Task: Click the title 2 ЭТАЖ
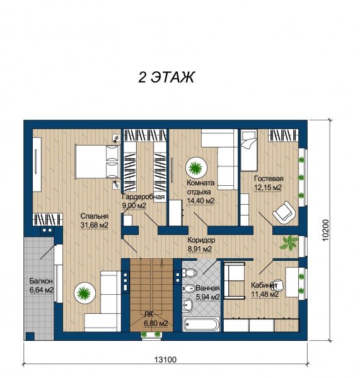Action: pyautogui.click(x=166, y=77)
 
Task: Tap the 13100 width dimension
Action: pyautogui.click(x=165, y=360)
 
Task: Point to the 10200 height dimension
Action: pyautogui.click(x=325, y=230)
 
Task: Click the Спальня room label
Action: pyautogui.click(x=95, y=216)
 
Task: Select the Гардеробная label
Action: pyautogui.click(x=143, y=197)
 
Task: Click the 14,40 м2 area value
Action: pyautogui.click(x=200, y=200)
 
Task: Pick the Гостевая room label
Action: pyautogui.click(x=269, y=179)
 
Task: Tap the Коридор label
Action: pyautogui.click(x=201, y=240)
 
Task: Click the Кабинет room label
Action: pyautogui.click(x=264, y=285)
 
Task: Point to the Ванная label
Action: pyautogui.click(x=207, y=288)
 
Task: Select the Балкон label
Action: pyautogui.click(x=41, y=281)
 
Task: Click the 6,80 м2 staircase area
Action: pyautogui.click(x=156, y=323)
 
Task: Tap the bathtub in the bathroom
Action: pyautogui.click(x=202, y=324)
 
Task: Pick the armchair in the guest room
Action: pyautogui.click(x=284, y=212)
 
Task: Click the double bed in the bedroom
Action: pyautogui.click(x=98, y=161)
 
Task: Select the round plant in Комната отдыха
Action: pyautogui.click(x=195, y=168)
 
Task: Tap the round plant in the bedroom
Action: pyautogui.click(x=84, y=293)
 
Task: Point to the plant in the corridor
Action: pyautogui.click(x=288, y=243)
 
